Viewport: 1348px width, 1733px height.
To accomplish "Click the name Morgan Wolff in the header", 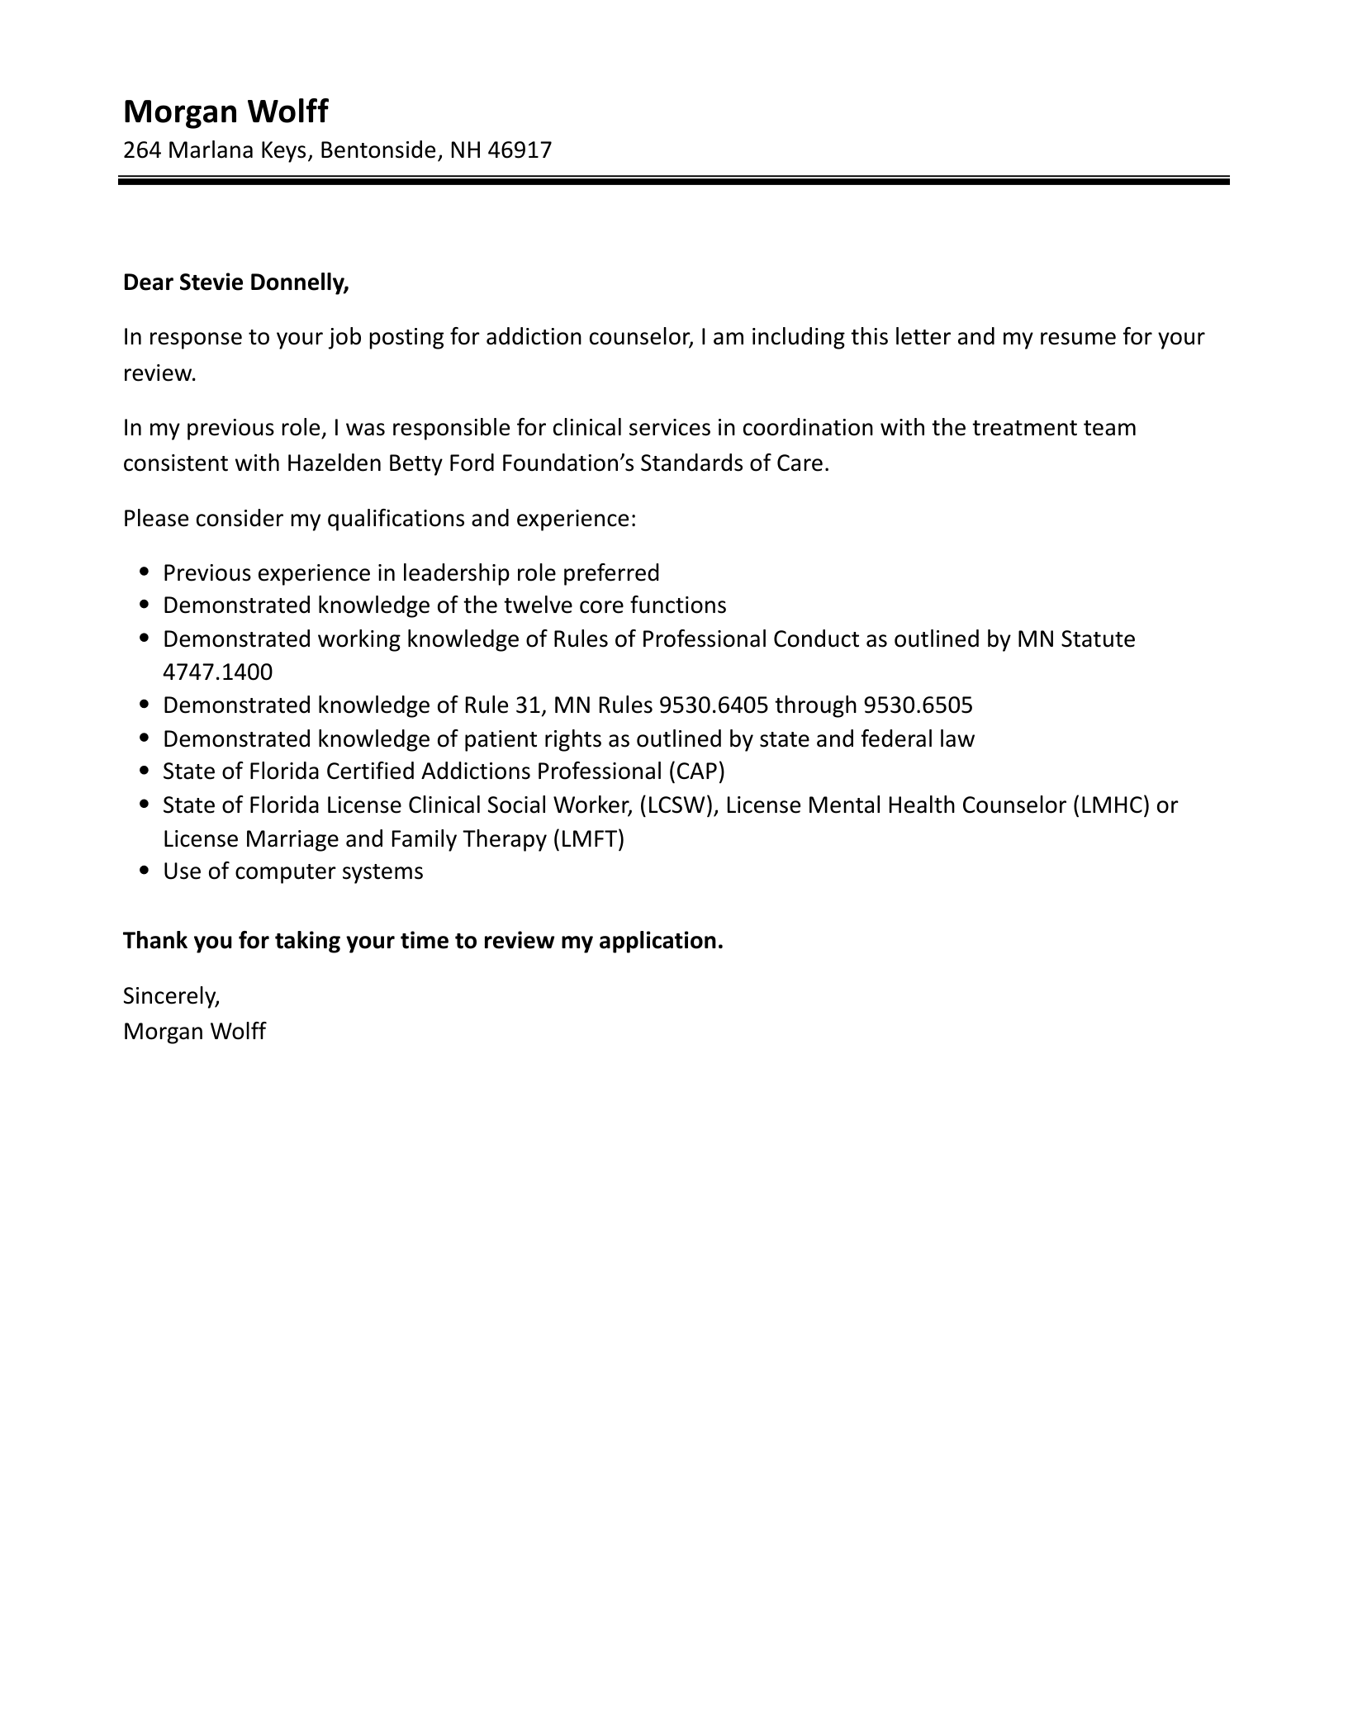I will pos(225,111).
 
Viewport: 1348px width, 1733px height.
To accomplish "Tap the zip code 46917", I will pos(520,150).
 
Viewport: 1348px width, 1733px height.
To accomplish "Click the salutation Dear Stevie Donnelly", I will pos(235,283).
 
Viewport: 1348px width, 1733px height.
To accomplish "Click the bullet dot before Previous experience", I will pos(145,572).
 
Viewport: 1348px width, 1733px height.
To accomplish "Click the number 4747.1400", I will pos(217,672).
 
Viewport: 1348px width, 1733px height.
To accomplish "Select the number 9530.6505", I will pos(918,705).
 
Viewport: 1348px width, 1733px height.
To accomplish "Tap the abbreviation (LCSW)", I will pos(677,805).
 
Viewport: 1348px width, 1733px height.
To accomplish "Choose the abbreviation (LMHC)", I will pos(1111,805).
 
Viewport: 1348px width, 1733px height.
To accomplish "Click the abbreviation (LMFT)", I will pos(587,839).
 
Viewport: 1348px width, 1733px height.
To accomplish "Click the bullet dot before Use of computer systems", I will pos(145,871).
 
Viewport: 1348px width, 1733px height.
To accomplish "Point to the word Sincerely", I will pos(171,996).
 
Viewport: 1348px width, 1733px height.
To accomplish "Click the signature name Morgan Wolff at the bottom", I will pos(194,1032).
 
